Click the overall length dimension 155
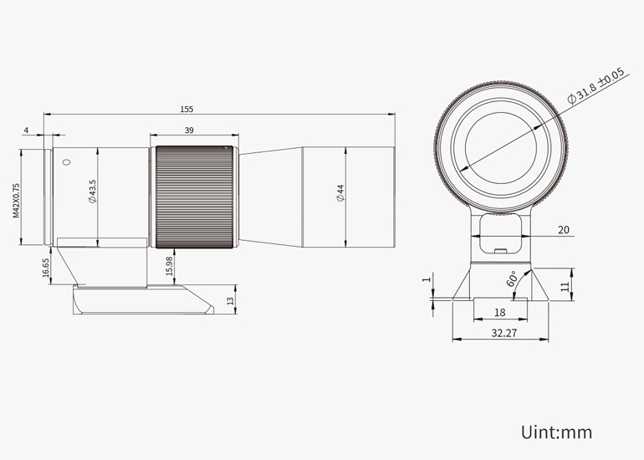pyautogui.click(x=187, y=110)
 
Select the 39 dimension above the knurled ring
pyautogui.click(x=189, y=130)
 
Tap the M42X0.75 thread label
pyautogui.click(x=16, y=201)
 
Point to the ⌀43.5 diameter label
pyautogui.click(x=92, y=191)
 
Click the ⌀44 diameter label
pyautogui.click(x=340, y=193)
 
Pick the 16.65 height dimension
pyautogui.click(x=46, y=268)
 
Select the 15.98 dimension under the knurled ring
pyautogui.click(x=169, y=267)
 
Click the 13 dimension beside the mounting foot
pyautogui.click(x=230, y=300)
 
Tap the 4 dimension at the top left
pyautogui.click(x=26, y=130)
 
